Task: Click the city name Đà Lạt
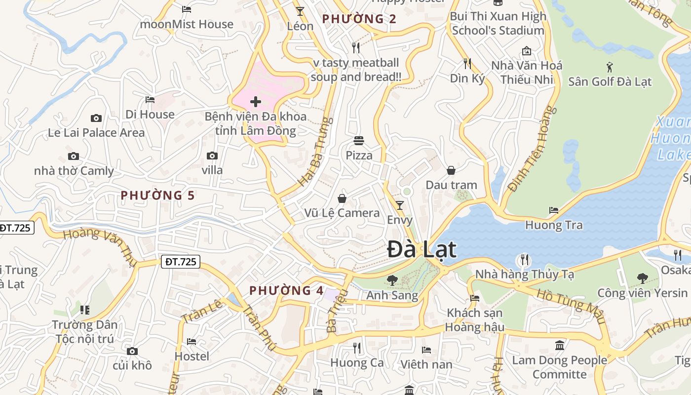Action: pyautogui.click(x=422, y=249)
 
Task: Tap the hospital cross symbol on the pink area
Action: pyautogui.click(x=256, y=102)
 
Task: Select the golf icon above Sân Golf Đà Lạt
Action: pyautogui.click(x=610, y=67)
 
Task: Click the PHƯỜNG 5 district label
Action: pyautogui.click(x=158, y=196)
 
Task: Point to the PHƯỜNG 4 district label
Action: pyautogui.click(x=287, y=290)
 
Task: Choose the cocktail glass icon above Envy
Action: pyautogui.click(x=400, y=205)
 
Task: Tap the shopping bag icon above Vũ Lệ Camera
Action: pyautogui.click(x=342, y=198)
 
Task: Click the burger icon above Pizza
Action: pyautogui.click(x=359, y=141)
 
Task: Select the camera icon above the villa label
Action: pyautogui.click(x=212, y=156)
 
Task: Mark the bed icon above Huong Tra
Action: pyautogui.click(x=554, y=210)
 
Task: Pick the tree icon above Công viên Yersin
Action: pyautogui.click(x=642, y=278)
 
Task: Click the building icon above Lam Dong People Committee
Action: pyautogui.click(x=559, y=345)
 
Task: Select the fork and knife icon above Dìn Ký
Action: pyautogui.click(x=467, y=63)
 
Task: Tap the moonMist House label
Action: pyautogui.click(x=187, y=24)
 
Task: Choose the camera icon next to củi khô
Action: pyautogui.click(x=132, y=351)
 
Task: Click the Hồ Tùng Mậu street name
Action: pyautogui.click(x=571, y=300)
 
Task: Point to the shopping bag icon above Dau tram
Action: pyautogui.click(x=451, y=170)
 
